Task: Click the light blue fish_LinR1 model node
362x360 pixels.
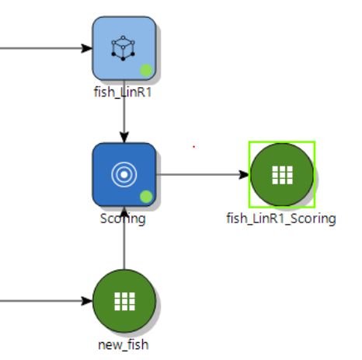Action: (x=124, y=48)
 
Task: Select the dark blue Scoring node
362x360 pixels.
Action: (x=124, y=175)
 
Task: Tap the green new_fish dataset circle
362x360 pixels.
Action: (x=124, y=301)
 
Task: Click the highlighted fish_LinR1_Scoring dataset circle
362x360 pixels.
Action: (x=282, y=175)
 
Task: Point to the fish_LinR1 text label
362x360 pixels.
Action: (x=123, y=93)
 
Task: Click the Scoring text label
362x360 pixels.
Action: (x=123, y=218)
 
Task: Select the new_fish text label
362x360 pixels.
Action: (x=124, y=345)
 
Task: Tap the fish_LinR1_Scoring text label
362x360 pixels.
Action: (x=281, y=218)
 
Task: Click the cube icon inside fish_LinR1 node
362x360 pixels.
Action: (x=123, y=48)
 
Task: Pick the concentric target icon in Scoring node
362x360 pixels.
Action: (x=124, y=175)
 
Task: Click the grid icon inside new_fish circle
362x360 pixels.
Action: (x=124, y=301)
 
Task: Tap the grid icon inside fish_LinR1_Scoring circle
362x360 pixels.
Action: (x=283, y=175)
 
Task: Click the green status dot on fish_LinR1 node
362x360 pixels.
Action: (x=146, y=71)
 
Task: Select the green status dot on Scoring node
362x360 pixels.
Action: (x=146, y=197)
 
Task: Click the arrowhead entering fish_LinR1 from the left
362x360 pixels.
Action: (x=86, y=48)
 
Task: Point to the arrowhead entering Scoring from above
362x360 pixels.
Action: (x=124, y=137)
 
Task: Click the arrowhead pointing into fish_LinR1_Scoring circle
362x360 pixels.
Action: (x=244, y=175)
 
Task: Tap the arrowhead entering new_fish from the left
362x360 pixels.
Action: (x=86, y=301)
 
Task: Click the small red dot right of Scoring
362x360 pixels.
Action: (x=193, y=147)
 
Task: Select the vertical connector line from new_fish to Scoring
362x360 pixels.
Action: (x=124, y=238)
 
